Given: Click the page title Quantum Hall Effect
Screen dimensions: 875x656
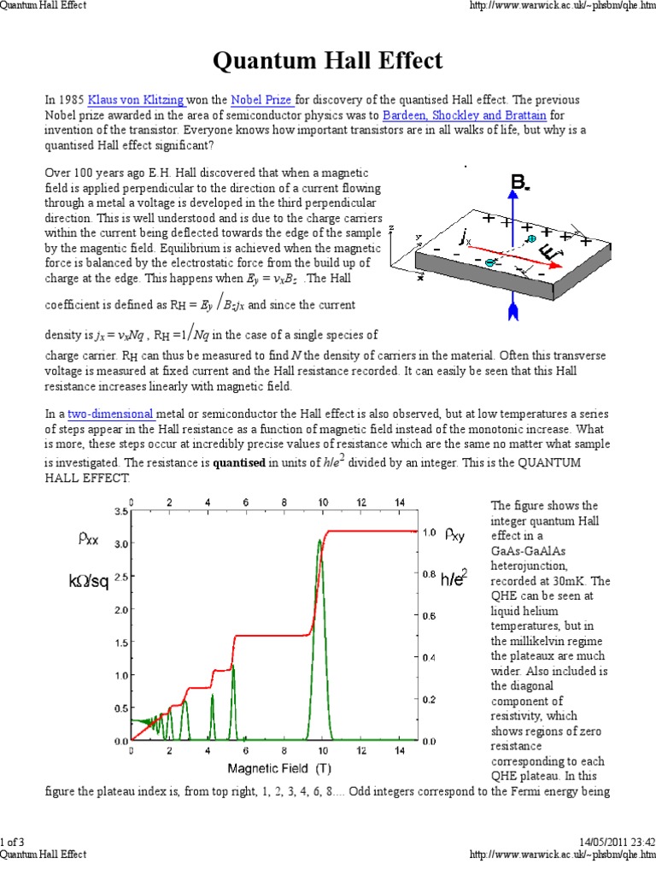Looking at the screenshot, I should click(x=327, y=61).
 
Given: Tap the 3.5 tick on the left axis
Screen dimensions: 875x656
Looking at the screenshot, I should click(x=120, y=511).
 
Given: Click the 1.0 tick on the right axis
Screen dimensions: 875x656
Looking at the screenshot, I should click(x=430, y=532).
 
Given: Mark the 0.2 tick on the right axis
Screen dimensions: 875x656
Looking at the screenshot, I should click(x=430, y=699).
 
